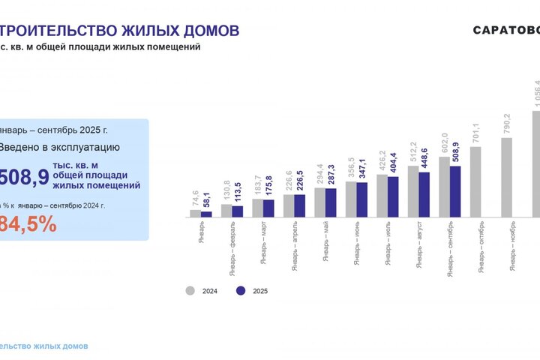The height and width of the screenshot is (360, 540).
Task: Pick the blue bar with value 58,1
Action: pos(206,214)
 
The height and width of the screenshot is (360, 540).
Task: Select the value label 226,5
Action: pos(301,182)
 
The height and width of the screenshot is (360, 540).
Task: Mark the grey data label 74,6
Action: pos(196,199)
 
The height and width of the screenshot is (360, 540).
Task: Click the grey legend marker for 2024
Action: pos(190,290)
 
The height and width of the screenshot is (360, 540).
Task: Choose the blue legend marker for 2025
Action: pos(240,290)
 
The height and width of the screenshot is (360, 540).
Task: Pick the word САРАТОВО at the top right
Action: pos(505,31)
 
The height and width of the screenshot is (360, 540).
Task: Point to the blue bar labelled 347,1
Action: pos(362,199)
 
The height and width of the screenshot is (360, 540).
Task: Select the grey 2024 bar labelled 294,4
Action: pos(319,202)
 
